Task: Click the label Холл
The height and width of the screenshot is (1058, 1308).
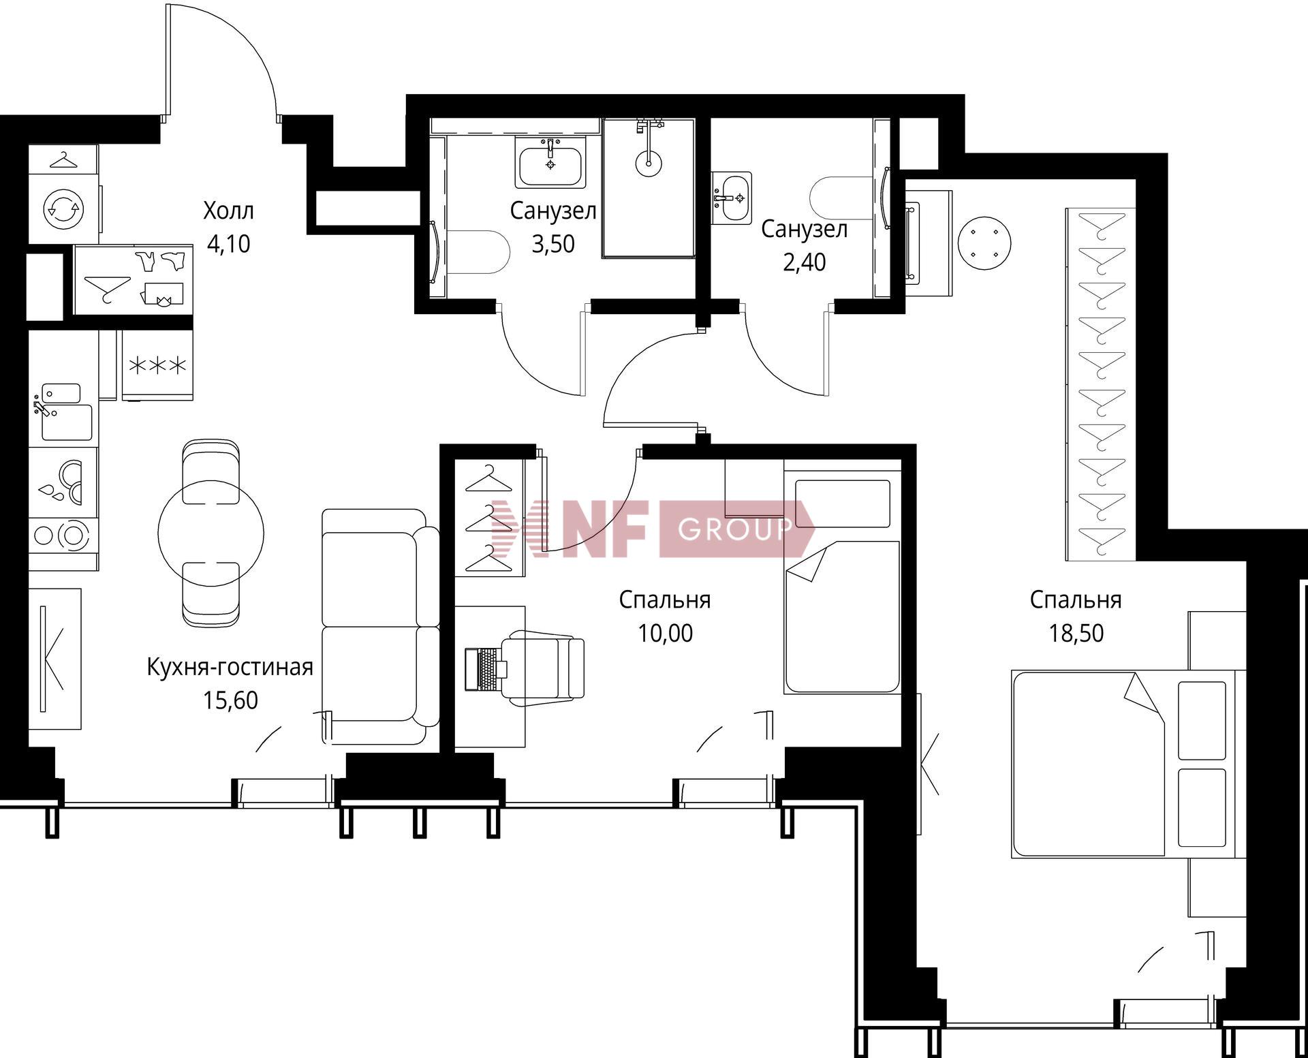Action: [228, 211]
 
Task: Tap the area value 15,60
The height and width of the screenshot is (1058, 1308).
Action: [230, 700]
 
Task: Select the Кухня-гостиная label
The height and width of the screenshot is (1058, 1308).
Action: [230, 667]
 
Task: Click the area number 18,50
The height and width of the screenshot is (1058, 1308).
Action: [1076, 633]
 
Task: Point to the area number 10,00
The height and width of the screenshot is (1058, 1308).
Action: [665, 633]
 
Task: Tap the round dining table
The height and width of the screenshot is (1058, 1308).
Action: [211, 532]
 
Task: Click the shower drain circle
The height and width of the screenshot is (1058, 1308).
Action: [648, 164]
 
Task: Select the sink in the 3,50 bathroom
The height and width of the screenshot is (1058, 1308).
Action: [550, 162]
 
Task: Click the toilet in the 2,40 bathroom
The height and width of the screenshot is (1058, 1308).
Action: [842, 199]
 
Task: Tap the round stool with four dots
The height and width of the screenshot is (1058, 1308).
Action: [984, 243]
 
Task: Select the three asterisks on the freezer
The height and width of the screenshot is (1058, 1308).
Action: [157, 366]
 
